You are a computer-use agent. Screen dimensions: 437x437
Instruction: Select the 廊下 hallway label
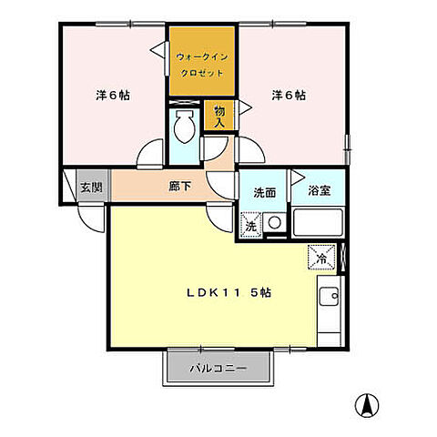coord(179,187)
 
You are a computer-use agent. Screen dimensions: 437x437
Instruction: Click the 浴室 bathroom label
coord(319,193)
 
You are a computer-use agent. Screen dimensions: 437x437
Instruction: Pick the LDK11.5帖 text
coord(229,293)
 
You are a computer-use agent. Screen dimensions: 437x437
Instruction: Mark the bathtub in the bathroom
coord(317,223)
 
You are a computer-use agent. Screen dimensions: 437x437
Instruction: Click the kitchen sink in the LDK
coord(330,296)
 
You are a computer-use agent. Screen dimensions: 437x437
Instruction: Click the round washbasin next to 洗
coord(274,223)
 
